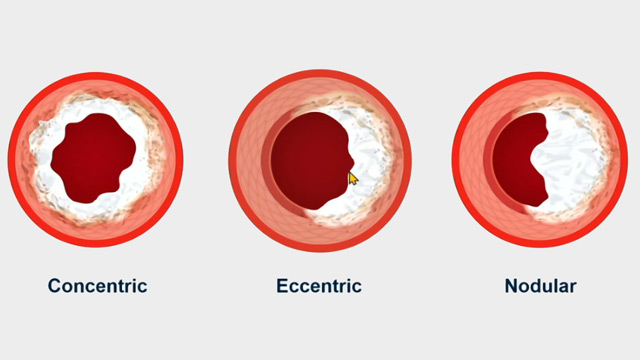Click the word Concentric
[x=97, y=286]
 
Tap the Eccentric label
[x=318, y=286]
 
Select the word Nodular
[x=540, y=286]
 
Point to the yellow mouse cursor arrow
[x=353, y=178]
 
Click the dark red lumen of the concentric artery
[x=93, y=159]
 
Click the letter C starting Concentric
[x=54, y=286]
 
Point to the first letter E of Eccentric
[x=282, y=286]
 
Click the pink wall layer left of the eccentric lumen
[x=252, y=160]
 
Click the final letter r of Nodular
[x=573, y=286]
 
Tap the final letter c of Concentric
[x=142, y=286]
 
